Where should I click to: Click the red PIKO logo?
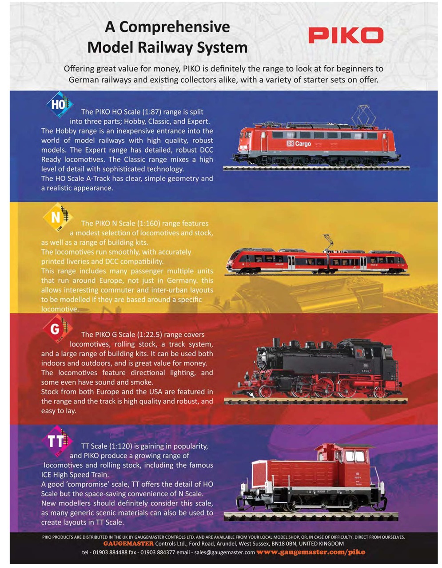coord(346,35)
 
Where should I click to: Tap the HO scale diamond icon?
coord(59,105)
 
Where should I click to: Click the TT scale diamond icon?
coord(57,441)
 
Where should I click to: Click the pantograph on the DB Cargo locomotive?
coord(363,114)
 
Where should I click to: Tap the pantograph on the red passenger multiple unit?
coord(328,242)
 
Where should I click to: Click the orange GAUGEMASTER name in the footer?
coord(128,544)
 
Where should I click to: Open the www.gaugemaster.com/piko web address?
coord(311,552)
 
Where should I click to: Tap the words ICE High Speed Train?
coord(75,475)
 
